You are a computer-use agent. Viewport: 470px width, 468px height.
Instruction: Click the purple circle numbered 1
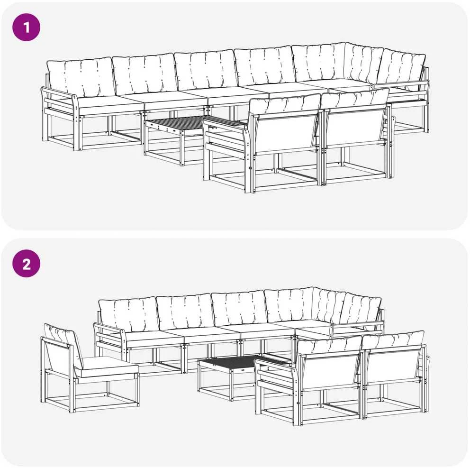pos(26,28)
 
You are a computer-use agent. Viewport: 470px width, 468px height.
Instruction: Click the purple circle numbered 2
pos(26,264)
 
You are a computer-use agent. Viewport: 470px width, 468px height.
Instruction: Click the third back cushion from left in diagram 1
pos(206,71)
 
